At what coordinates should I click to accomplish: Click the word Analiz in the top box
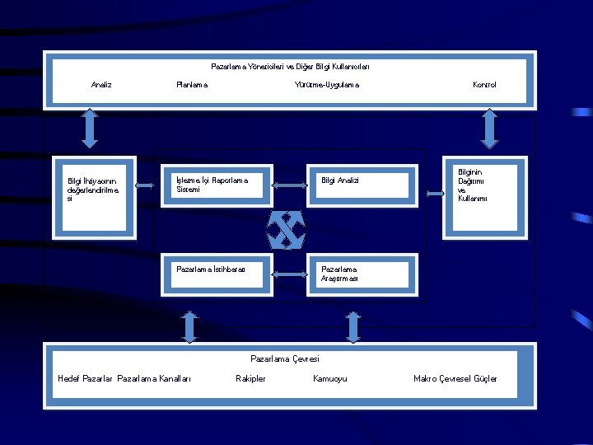click(101, 85)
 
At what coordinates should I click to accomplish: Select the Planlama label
click(192, 85)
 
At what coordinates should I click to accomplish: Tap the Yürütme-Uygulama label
click(327, 85)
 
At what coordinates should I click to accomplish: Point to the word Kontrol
click(484, 85)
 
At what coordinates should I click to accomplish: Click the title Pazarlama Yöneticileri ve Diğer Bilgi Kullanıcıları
click(290, 66)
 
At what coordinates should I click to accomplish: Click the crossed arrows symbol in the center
click(287, 228)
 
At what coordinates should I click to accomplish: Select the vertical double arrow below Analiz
click(90, 129)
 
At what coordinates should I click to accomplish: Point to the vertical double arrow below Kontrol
click(489, 129)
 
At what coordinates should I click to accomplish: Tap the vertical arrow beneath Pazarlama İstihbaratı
click(190, 326)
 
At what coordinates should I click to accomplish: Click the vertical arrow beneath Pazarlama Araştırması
click(353, 326)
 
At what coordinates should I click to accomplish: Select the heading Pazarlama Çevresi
click(284, 358)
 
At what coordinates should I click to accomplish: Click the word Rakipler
click(250, 379)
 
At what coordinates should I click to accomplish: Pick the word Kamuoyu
click(330, 379)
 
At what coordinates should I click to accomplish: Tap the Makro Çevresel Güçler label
click(455, 379)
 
